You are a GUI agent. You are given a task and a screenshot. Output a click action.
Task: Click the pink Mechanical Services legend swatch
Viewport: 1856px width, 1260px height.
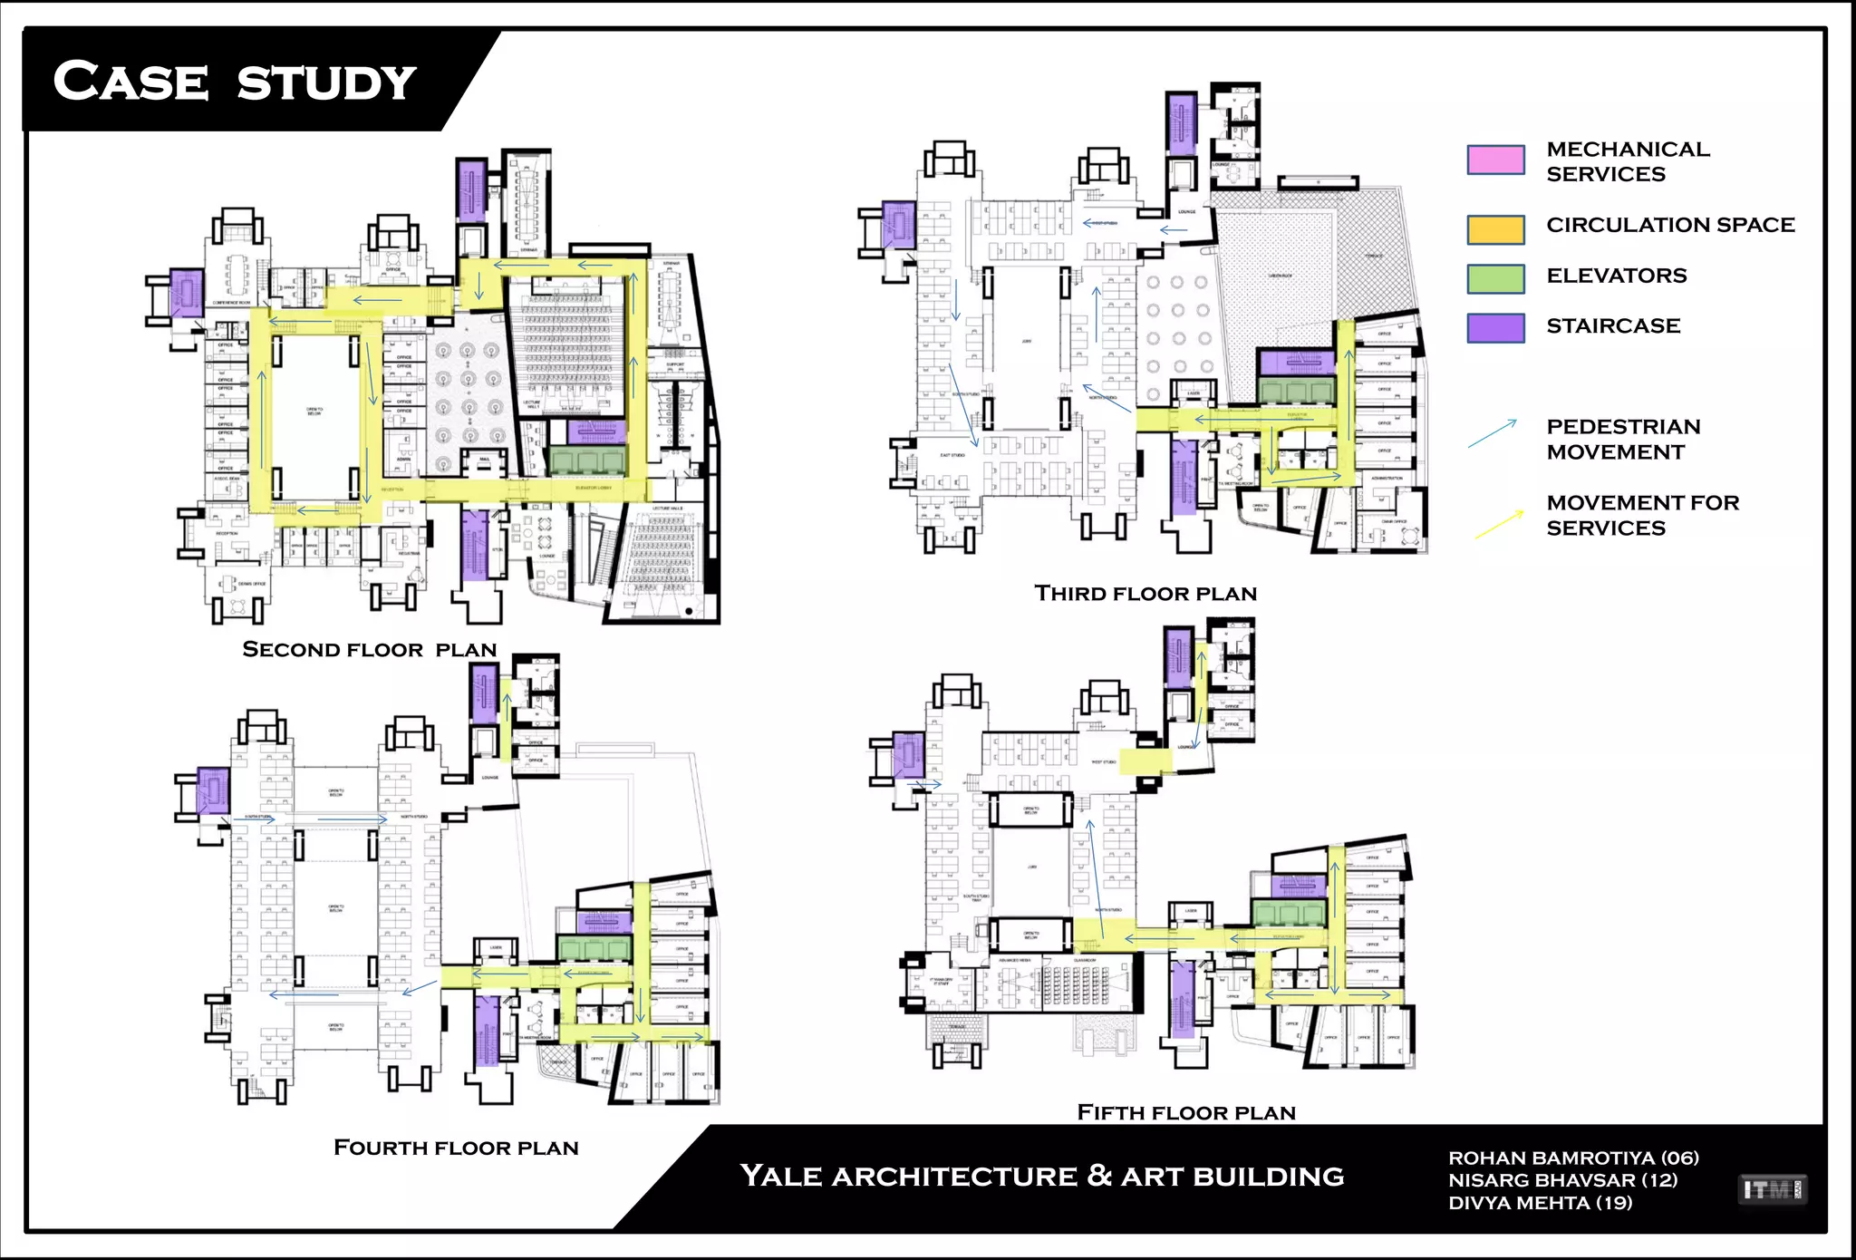pyautogui.click(x=1495, y=160)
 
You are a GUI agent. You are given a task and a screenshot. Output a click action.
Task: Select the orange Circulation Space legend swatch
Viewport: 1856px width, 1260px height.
pyautogui.click(x=1495, y=229)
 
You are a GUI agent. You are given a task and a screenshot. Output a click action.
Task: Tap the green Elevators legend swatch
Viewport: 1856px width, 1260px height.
pyautogui.click(x=1495, y=278)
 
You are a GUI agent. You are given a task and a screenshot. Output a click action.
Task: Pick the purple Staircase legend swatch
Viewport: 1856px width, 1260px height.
pyautogui.click(x=1495, y=327)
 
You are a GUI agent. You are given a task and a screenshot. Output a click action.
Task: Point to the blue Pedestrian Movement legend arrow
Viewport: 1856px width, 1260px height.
pyautogui.click(x=1493, y=433)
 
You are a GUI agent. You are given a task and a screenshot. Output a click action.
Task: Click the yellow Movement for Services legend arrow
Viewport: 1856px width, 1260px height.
pyautogui.click(x=1499, y=525)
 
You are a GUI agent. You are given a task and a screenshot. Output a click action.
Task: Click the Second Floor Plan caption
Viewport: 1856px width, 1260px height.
pyautogui.click(x=370, y=650)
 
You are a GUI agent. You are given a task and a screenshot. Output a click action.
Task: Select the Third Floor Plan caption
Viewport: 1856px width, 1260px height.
pyautogui.click(x=1145, y=594)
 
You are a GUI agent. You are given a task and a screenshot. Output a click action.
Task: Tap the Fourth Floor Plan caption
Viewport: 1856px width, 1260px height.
pyautogui.click(x=456, y=1148)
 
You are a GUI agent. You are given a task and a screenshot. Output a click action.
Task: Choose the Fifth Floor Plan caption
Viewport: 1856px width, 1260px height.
pyautogui.click(x=1186, y=1112)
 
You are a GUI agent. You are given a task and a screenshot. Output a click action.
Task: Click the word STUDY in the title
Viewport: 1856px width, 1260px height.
pyautogui.click(x=326, y=83)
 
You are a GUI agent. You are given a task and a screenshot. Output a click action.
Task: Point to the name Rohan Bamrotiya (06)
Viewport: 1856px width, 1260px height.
pyautogui.click(x=1573, y=1158)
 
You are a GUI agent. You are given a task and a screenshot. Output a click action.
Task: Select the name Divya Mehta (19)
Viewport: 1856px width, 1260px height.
pyautogui.click(x=1540, y=1203)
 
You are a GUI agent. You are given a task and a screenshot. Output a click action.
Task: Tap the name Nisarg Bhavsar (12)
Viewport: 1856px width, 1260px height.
pyautogui.click(x=1562, y=1180)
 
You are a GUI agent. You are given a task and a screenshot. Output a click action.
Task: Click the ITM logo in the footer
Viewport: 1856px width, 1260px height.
pyautogui.click(x=1772, y=1189)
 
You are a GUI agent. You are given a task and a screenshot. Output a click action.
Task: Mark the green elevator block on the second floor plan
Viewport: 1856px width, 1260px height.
pyautogui.click(x=587, y=460)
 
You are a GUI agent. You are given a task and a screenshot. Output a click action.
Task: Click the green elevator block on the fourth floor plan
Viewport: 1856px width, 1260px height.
pyautogui.click(x=594, y=948)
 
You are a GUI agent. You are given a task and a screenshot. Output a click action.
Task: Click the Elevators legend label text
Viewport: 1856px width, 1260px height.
pyautogui.click(x=1616, y=276)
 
